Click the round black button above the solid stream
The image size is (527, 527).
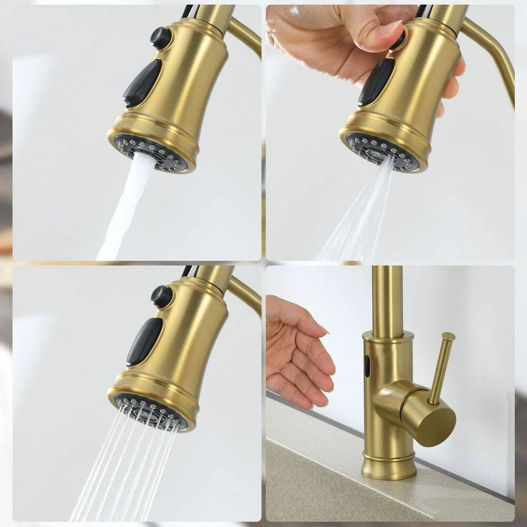click(x=161, y=38)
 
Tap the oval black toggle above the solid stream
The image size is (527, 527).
click(x=142, y=83)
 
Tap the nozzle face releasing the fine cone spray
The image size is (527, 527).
click(x=382, y=153)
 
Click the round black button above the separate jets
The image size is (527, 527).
click(x=161, y=296)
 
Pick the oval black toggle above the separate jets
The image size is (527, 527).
click(x=144, y=341)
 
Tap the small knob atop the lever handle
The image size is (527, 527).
click(x=448, y=336)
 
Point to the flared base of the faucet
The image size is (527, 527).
click(x=389, y=466)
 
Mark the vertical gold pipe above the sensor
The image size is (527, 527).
click(x=387, y=300)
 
